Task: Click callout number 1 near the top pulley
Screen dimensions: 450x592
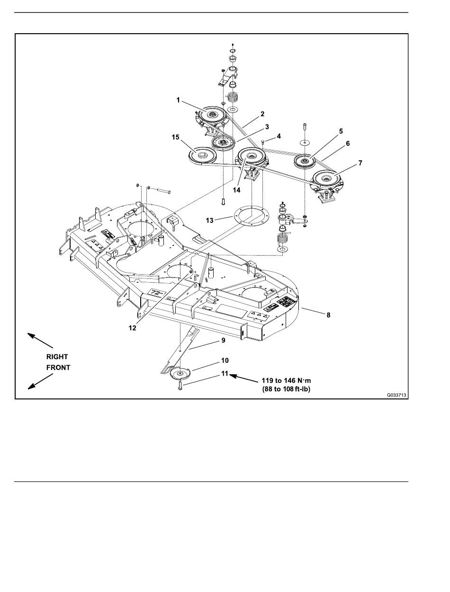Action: [x=178, y=100]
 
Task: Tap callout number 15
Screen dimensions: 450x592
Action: [x=175, y=137]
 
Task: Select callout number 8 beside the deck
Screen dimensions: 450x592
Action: [x=328, y=315]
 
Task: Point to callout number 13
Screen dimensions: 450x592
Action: [x=209, y=221]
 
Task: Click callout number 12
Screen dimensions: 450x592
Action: [x=133, y=328]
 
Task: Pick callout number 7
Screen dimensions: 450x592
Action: [x=360, y=163]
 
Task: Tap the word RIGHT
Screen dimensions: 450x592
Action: [x=57, y=357]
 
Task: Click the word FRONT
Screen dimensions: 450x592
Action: [x=58, y=368]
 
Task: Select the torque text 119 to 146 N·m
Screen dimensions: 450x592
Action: [x=286, y=380]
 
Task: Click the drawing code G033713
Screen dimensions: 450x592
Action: [x=396, y=396]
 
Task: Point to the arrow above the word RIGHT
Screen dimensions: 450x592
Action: [x=40, y=341]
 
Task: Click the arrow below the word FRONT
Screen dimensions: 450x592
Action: [x=40, y=381]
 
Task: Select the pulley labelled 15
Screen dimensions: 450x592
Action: [x=202, y=155]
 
